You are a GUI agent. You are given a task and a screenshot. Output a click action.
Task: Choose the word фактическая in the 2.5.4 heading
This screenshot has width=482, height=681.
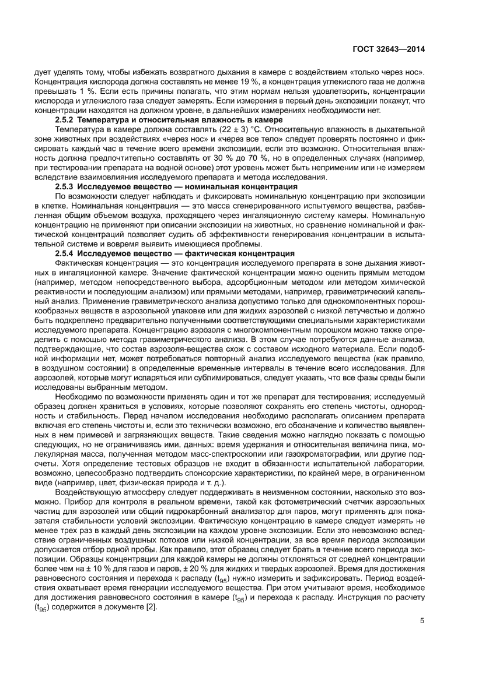pos(207,253)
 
